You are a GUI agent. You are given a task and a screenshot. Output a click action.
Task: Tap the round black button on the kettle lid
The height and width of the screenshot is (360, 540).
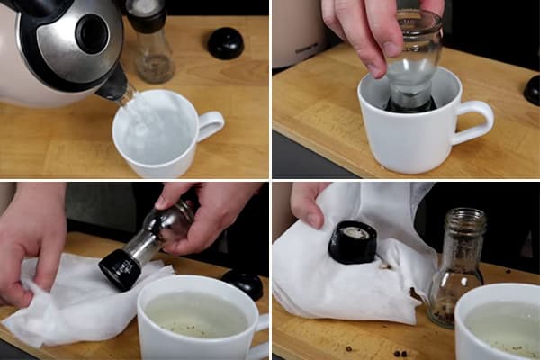(93, 33)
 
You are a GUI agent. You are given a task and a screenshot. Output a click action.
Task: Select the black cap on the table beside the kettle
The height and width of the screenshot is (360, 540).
(225, 42)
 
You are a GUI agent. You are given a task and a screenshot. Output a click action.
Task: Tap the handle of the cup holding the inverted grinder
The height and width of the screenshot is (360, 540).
(476, 121)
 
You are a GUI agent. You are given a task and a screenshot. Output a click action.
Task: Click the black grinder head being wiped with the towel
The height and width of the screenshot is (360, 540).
(121, 268)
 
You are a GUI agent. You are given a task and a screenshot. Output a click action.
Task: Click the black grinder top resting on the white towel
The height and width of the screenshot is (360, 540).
(354, 242)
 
